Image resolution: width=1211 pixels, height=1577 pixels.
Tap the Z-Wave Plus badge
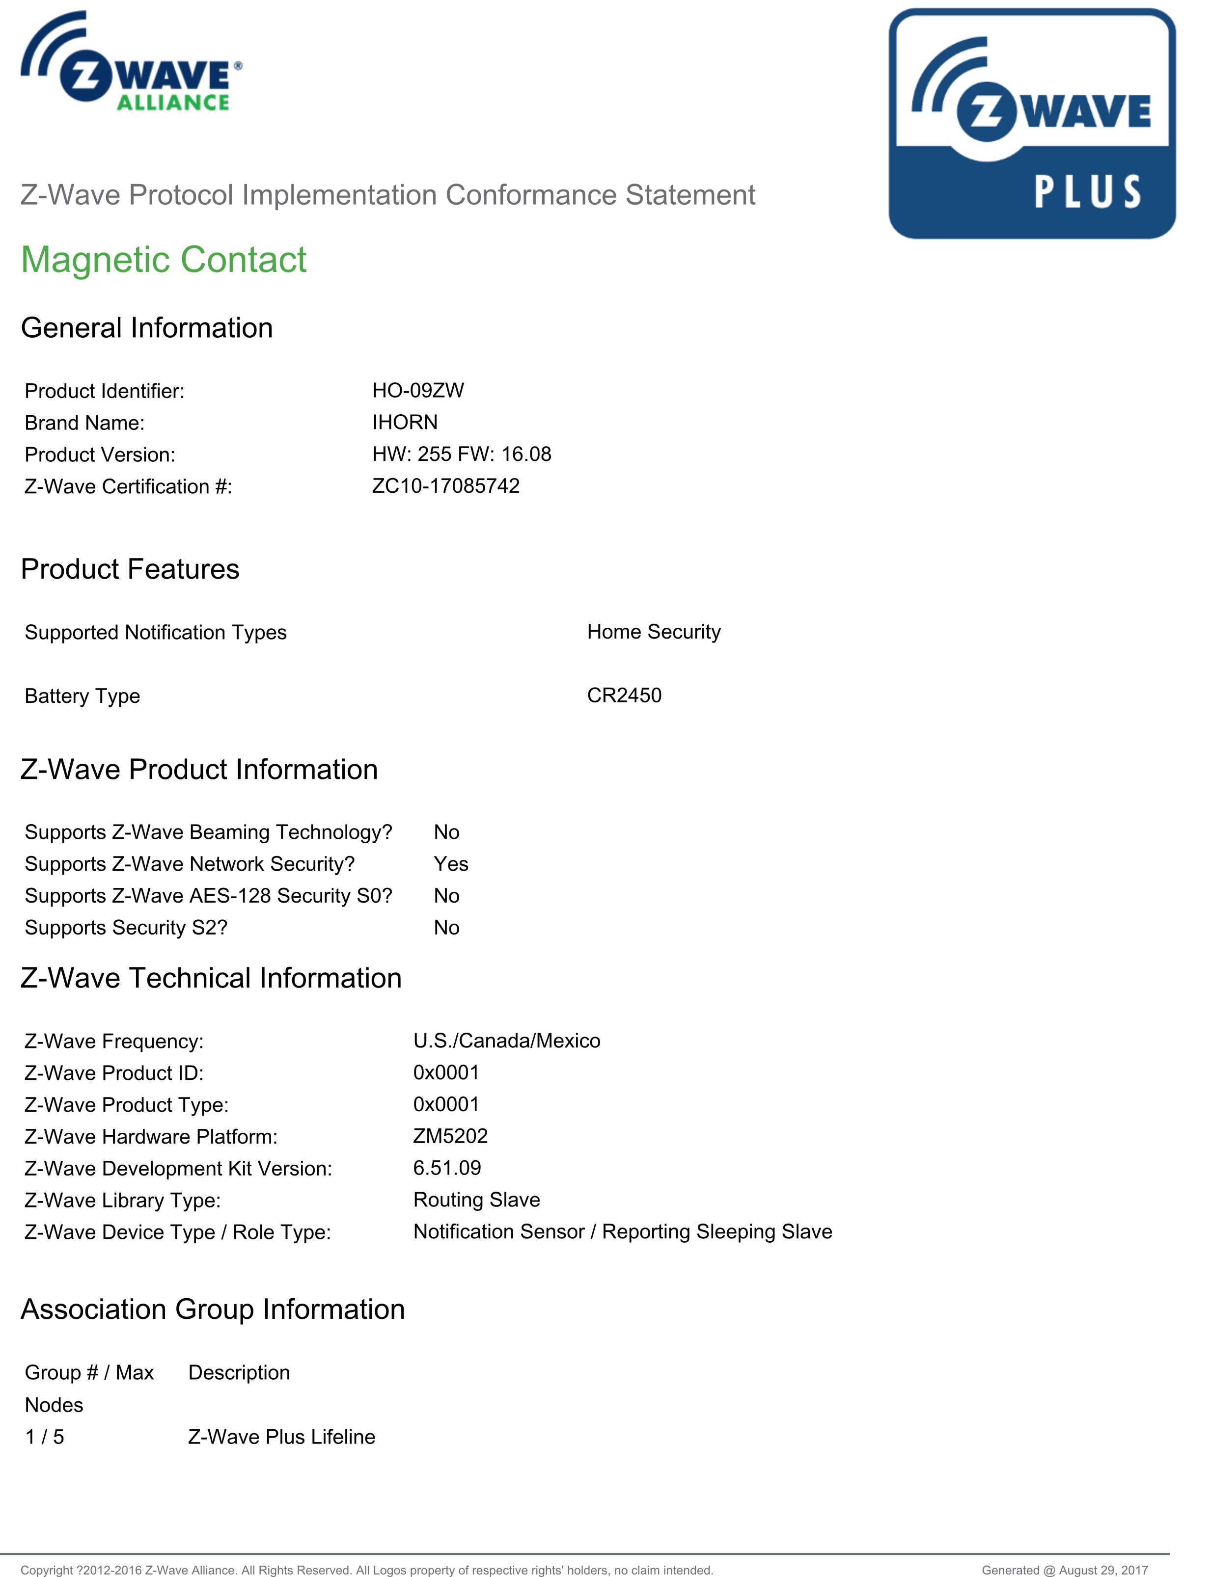(1032, 123)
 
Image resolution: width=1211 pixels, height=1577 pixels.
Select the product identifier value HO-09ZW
(418, 391)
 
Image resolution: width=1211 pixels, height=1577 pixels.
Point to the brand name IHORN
(404, 422)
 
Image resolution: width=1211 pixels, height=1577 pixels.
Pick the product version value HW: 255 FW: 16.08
(461, 454)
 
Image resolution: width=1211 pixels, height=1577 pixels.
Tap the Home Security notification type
(653, 632)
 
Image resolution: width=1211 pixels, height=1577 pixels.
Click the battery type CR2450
(624, 695)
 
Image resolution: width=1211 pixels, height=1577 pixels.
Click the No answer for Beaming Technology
(446, 832)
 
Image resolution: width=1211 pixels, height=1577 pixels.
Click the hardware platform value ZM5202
(450, 1136)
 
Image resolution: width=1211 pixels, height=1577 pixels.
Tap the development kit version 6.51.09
(447, 1168)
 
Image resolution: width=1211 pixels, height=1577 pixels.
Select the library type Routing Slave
(476, 1200)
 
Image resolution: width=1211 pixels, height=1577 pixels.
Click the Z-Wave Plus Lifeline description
(281, 1437)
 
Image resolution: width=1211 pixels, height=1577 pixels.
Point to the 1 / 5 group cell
(45, 1437)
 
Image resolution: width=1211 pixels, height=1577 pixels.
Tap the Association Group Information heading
(213, 1309)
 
